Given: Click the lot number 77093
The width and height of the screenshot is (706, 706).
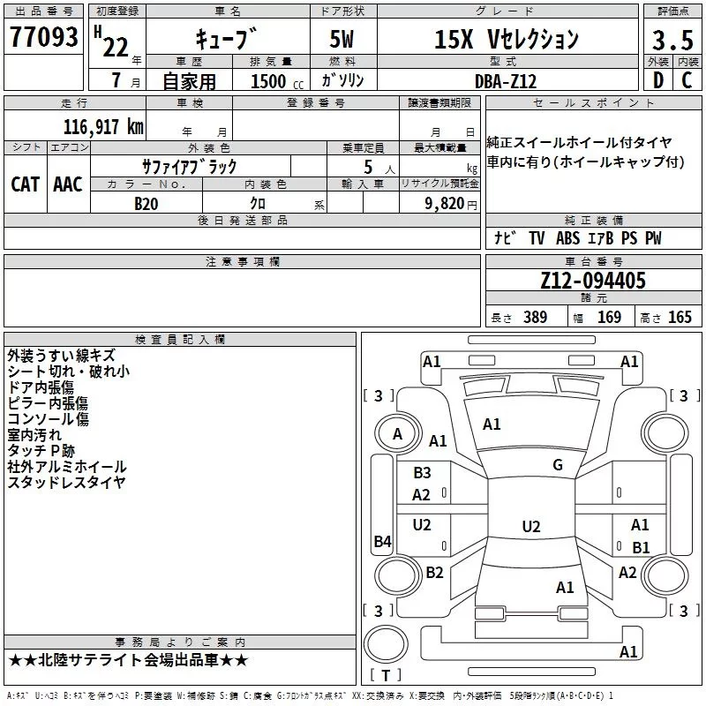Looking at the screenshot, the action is click(43, 37).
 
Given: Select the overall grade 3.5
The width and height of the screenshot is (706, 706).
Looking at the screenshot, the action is click(672, 40).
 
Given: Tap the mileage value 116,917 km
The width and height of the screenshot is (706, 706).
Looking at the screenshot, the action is click(103, 127).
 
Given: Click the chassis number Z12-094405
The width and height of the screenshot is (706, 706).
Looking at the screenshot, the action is click(593, 281).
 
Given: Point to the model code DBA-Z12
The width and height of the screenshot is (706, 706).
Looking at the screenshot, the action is click(506, 81).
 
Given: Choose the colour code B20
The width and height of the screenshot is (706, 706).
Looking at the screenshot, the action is click(146, 204).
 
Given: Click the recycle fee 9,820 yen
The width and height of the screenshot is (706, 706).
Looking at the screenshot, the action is click(451, 204).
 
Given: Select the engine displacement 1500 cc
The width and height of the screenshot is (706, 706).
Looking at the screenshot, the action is click(277, 81).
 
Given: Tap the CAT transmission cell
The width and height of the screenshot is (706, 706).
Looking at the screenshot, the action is click(26, 184).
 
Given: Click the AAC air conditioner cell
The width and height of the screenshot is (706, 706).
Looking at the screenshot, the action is click(68, 184).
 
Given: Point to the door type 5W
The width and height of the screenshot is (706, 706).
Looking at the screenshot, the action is click(342, 39).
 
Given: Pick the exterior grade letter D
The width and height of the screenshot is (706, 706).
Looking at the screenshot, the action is click(658, 80).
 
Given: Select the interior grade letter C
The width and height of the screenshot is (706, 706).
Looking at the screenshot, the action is click(687, 80).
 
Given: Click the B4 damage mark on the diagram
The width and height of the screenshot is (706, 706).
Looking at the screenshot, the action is click(383, 541).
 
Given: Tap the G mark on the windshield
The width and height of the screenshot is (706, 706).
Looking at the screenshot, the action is click(558, 465).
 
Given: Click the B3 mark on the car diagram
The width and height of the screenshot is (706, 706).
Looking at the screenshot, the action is click(422, 473).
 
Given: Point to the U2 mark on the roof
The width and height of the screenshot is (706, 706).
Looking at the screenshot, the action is click(531, 526).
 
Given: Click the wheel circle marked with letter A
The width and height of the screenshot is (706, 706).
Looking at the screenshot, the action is click(398, 434).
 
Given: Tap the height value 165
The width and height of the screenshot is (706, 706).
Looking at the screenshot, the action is click(680, 317).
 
